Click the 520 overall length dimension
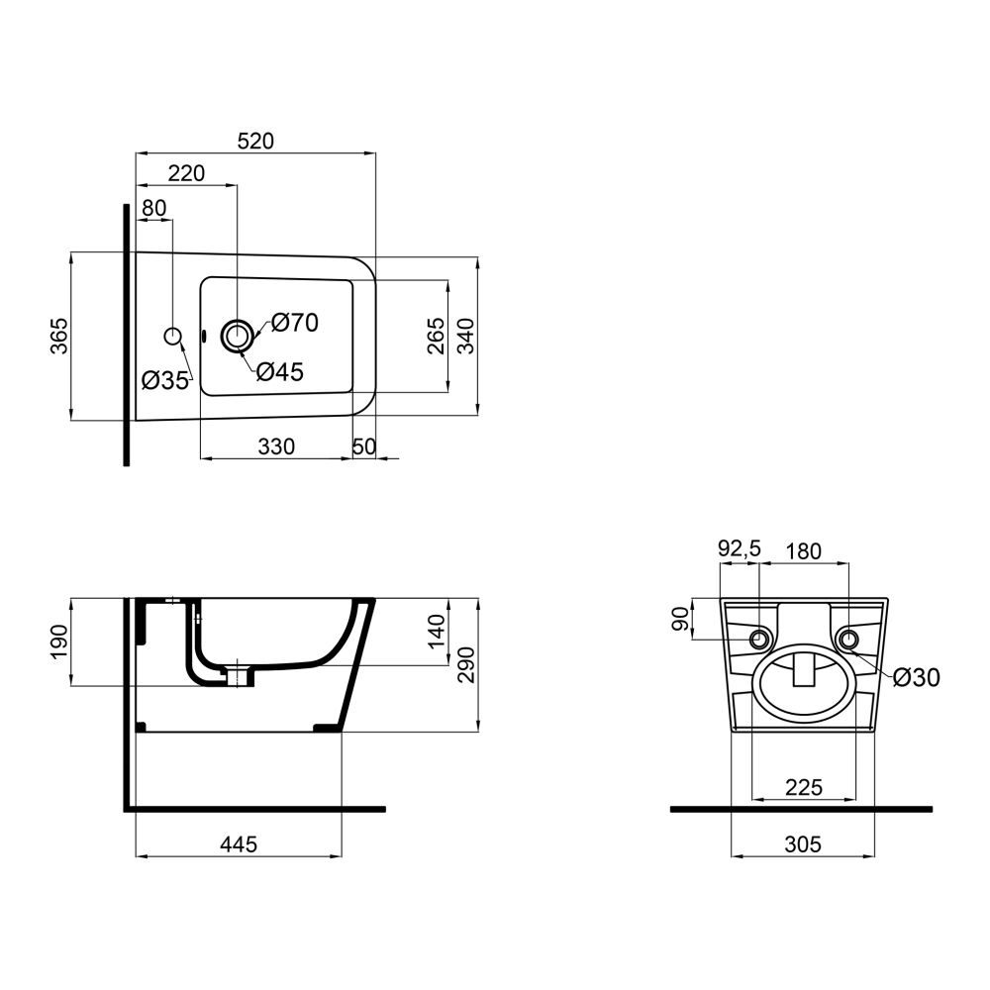click(x=255, y=142)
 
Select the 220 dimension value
click(x=186, y=173)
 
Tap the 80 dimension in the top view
click(x=153, y=208)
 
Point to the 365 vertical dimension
click(x=59, y=337)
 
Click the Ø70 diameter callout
click(x=294, y=322)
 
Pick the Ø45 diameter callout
click(x=279, y=372)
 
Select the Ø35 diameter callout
click(x=164, y=380)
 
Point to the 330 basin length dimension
click(x=276, y=446)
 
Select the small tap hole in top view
click(x=173, y=337)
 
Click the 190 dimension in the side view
click(x=59, y=642)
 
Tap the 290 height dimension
click(x=466, y=664)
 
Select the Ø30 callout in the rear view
click(x=915, y=677)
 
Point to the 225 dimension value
click(x=803, y=787)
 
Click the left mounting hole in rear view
click(x=759, y=639)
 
